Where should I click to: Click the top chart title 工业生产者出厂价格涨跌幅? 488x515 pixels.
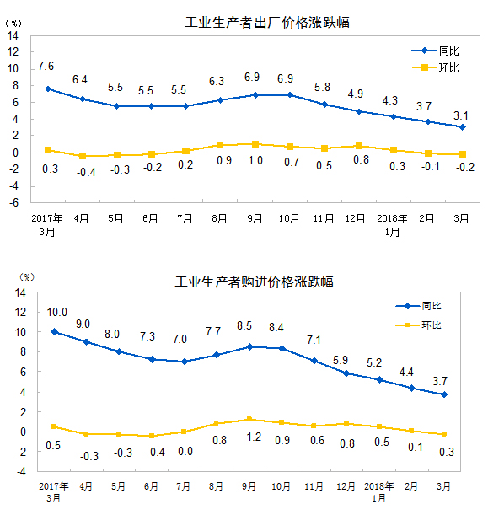tap(266, 23)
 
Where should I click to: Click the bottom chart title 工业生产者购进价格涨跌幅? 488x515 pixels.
tap(254, 281)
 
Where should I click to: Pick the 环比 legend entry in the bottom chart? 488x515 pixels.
tap(432, 325)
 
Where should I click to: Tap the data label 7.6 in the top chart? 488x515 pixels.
tap(46, 66)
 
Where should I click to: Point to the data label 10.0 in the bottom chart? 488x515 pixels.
tap(56, 312)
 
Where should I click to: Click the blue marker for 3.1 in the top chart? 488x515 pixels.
tap(462, 127)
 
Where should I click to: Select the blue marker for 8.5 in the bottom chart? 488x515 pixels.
tap(250, 346)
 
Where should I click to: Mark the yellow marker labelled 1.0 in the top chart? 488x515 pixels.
tap(255, 144)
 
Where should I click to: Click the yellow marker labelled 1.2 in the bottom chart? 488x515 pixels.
tap(250, 419)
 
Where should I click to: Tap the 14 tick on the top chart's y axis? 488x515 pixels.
tap(14, 35)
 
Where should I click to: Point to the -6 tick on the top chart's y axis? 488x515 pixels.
tap(14, 203)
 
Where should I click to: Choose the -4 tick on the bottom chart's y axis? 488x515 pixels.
tap(19, 471)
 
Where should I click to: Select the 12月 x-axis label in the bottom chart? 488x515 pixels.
tap(346, 486)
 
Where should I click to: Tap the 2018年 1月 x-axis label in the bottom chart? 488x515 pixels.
tap(379, 491)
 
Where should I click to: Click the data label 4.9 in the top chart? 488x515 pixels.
tap(356, 94)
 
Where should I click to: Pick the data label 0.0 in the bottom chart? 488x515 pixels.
tap(185, 451)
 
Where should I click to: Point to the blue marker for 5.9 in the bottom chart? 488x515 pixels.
tap(346, 373)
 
